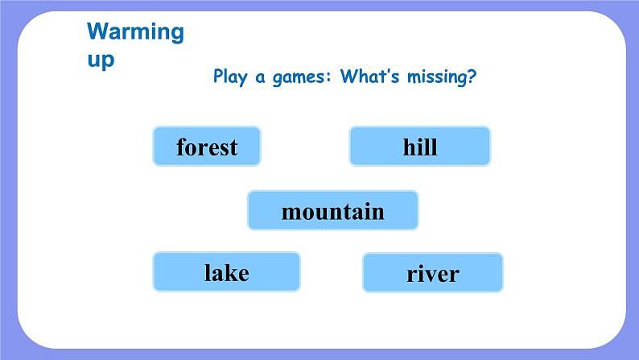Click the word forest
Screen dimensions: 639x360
pos(207,147)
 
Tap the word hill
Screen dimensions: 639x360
pos(420,147)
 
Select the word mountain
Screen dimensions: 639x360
pos(333,212)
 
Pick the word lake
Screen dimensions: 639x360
pos(227,272)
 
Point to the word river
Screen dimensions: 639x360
pos(433,274)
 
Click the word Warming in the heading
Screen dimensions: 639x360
pos(136,32)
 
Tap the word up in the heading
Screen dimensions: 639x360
pos(101,60)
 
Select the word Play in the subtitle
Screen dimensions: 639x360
pos(230,77)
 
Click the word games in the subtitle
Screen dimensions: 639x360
pos(299,77)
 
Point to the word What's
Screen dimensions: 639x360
pos(369,76)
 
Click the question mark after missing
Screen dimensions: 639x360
pos(471,76)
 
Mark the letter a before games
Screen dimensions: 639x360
pos(260,78)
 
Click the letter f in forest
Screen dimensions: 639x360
pos(182,147)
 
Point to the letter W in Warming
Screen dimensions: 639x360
pos(97,31)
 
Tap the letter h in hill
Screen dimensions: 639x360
pos(410,147)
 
